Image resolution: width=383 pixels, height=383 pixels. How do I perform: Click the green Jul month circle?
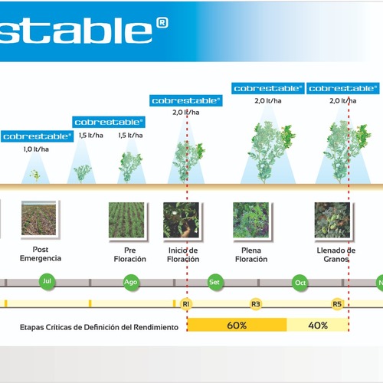[x=47, y=281]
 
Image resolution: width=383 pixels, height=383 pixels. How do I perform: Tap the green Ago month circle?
[x=131, y=282]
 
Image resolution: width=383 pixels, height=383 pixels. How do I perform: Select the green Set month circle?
[x=215, y=282]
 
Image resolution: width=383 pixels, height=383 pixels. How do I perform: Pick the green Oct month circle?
[x=300, y=283]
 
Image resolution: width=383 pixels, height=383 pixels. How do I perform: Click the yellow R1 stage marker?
[x=186, y=304]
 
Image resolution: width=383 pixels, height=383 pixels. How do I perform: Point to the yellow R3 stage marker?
[x=256, y=304]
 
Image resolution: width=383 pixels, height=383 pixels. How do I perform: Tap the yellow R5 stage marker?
[x=337, y=304]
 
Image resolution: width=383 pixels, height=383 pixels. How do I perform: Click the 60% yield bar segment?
[x=237, y=325]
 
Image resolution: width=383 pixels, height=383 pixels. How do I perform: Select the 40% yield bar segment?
[x=318, y=325]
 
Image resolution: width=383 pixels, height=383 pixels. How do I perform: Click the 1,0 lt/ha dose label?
[x=36, y=149]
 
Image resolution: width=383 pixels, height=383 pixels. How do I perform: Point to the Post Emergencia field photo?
[x=39, y=218]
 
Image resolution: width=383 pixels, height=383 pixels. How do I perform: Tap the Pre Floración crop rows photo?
[x=126, y=220]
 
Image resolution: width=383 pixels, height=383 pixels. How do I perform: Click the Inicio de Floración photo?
[x=181, y=220]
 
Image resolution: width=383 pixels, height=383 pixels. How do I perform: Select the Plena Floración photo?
[x=250, y=220]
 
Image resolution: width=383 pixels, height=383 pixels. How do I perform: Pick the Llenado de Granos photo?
[x=332, y=220]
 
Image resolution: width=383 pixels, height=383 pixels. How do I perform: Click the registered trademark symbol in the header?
[x=162, y=23]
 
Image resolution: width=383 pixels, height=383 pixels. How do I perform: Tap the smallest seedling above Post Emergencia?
[x=35, y=175]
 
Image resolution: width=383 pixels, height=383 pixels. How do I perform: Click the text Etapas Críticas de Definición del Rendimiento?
[x=99, y=327]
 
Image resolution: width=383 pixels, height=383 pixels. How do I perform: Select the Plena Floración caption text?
[x=251, y=254]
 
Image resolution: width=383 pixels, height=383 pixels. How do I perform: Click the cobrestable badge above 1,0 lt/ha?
[x=38, y=136]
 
